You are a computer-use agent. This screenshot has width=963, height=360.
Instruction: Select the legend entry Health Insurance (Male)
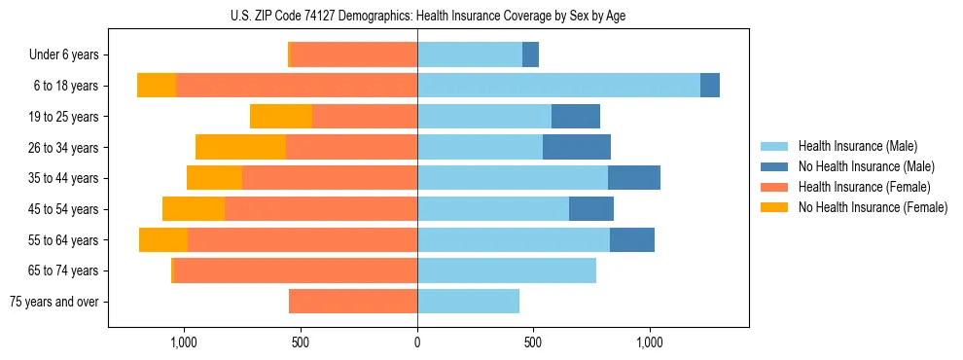pos(851,146)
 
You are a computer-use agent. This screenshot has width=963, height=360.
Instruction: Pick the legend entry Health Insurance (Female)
pos(857,187)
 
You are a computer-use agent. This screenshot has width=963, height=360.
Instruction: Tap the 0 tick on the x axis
pos(417,342)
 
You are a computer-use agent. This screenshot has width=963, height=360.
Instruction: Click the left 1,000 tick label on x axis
pos(184,342)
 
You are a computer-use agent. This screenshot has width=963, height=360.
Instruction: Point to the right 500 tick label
pos(533,342)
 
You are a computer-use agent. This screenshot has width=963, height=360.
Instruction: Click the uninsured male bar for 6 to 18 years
pos(710,86)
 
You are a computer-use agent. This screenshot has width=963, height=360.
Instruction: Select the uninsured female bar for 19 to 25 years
pos(281,117)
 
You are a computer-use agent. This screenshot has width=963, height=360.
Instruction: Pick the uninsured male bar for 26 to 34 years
pos(577,147)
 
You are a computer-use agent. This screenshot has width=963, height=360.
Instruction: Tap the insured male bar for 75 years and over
pos(468,302)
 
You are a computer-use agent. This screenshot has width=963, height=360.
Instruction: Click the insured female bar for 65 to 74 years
pos(296,270)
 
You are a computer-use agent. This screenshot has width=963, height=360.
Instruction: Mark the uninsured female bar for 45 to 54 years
pos(194,209)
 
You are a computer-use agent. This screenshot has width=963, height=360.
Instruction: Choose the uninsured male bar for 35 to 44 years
pos(634,178)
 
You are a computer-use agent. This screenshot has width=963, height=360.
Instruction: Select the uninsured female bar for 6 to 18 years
pos(157,86)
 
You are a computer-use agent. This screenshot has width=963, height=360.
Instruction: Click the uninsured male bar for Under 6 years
pos(530,54)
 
